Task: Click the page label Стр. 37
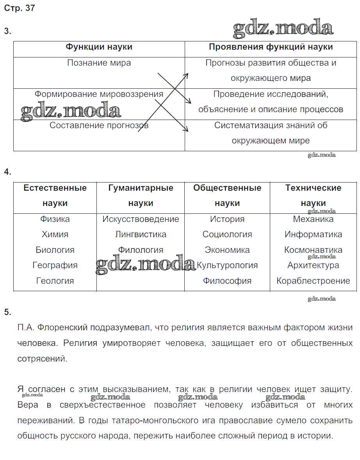pos(20,8)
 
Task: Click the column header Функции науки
pos(99,47)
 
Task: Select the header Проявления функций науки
pos(271,47)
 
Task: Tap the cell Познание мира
pos(99,63)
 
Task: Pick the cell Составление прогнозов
pos(99,125)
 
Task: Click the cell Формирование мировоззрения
pos(99,94)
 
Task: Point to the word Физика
pos(55,219)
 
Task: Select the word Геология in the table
pos(55,281)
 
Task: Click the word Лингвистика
pos(141,234)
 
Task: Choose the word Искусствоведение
pos(141,219)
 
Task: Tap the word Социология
pos(227,234)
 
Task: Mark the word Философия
pos(227,281)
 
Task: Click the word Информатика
pos(313,234)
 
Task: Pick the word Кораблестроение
pos(313,281)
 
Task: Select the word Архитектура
pos(313,265)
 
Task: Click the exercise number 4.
pos(7,172)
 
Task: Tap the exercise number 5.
pos(7,312)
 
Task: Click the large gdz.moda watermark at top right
pos(283,28)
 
